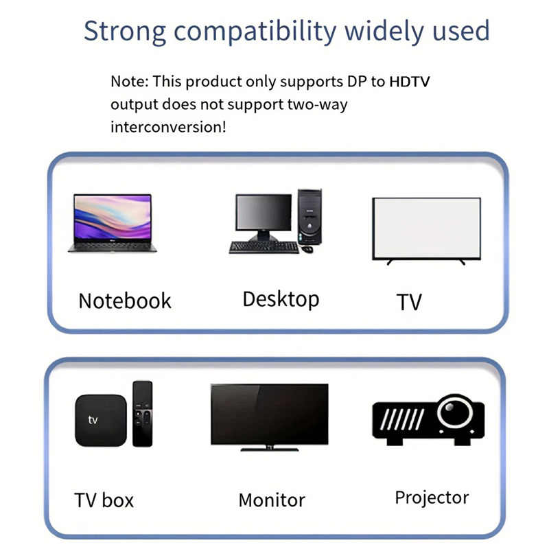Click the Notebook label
124,301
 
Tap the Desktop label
281,299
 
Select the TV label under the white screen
409,302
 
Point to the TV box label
104,500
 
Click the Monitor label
271,500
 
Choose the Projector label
432,498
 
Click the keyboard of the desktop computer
263,247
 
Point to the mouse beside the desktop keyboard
307,249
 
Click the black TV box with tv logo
100,420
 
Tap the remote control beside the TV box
142,414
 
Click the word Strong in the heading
124,32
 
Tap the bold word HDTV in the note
410,82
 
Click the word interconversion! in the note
168,127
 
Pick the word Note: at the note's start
129,82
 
